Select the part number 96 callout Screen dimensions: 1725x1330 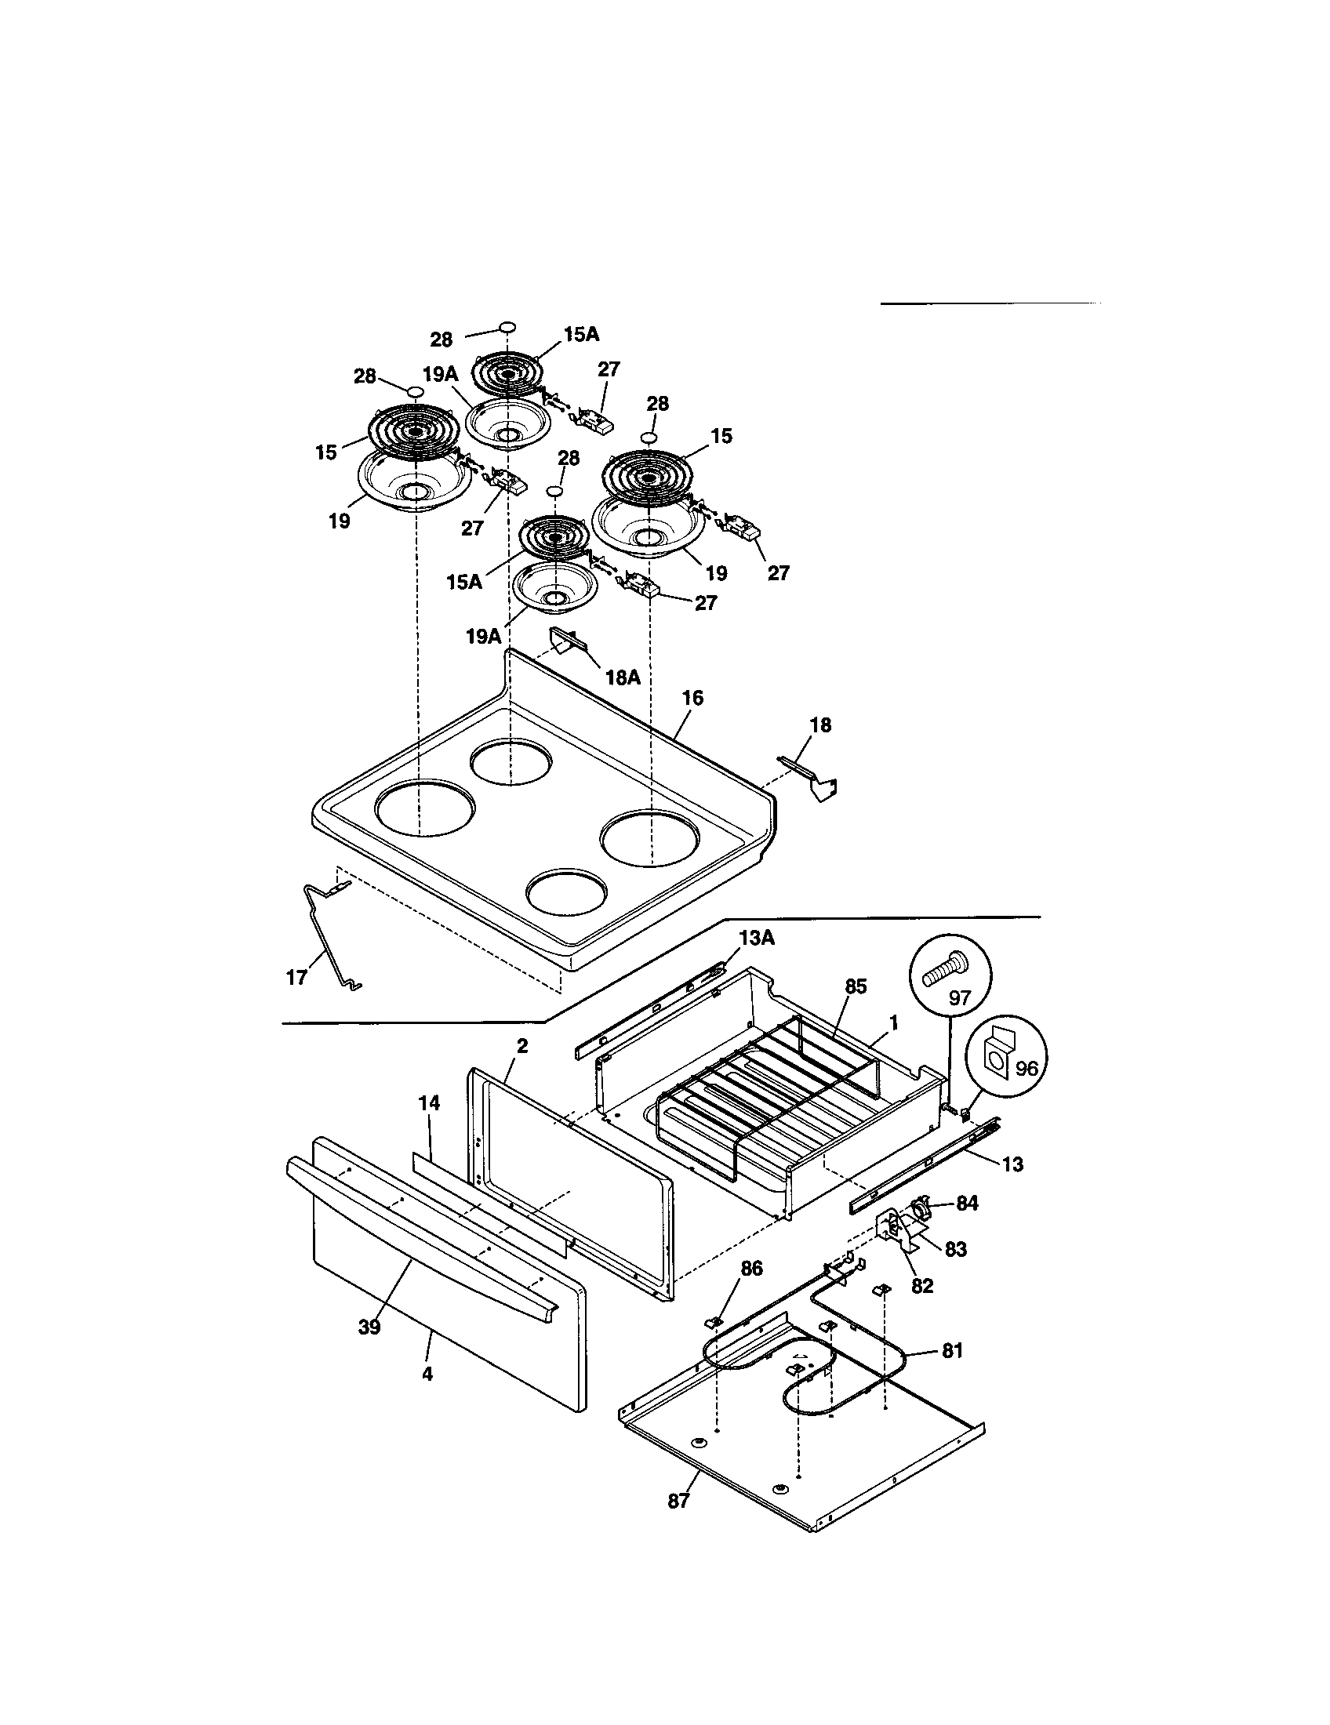pos(1026,1069)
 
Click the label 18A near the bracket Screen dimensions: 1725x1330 pos(623,677)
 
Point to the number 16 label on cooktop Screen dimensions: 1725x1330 pos(692,697)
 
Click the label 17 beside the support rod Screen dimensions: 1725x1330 pos(296,978)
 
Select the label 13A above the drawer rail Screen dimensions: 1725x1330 pos(757,937)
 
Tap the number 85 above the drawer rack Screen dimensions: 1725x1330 pos(856,986)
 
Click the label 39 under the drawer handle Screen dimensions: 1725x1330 pos(369,1327)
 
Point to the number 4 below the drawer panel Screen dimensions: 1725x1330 pos(427,1374)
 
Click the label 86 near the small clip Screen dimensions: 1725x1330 pos(751,1269)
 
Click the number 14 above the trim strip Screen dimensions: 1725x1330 pos(429,1102)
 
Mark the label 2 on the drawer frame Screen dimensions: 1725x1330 pos(522,1046)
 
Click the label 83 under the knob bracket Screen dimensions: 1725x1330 pos(956,1249)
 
